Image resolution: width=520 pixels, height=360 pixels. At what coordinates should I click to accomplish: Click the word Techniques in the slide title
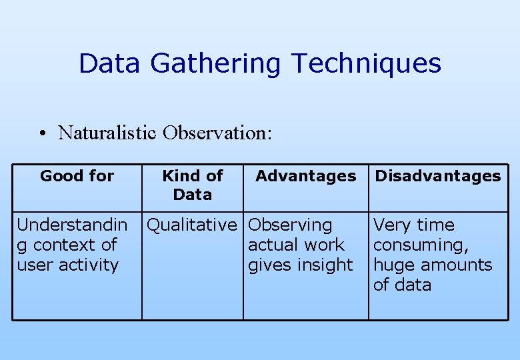pyautogui.click(x=366, y=64)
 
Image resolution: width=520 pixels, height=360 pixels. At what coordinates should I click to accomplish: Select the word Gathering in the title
pyautogui.click(x=216, y=64)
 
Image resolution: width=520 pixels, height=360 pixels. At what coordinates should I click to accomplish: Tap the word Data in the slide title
pyautogui.click(x=109, y=64)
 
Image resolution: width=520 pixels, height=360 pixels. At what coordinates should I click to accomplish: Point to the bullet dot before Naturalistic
pyautogui.click(x=42, y=133)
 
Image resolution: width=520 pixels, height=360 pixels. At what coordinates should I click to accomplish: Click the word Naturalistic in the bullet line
pyautogui.click(x=107, y=133)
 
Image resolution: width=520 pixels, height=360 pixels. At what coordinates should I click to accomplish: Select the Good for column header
pyautogui.click(x=77, y=176)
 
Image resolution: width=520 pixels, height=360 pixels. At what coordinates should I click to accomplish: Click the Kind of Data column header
pyautogui.click(x=192, y=185)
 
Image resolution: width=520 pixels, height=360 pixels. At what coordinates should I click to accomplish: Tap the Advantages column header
pyautogui.click(x=305, y=176)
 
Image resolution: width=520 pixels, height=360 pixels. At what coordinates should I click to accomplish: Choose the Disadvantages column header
pyautogui.click(x=437, y=176)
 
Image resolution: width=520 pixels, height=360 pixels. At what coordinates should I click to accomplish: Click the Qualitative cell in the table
pyautogui.click(x=191, y=225)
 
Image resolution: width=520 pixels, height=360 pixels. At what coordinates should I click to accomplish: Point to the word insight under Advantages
pyautogui.click(x=327, y=265)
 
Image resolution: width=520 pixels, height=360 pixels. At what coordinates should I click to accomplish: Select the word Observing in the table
pyautogui.click(x=290, y=225)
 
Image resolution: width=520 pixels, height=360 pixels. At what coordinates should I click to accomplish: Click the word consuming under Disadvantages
pyautogui.click(x=421, y=245)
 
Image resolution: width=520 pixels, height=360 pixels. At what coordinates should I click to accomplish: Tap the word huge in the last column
pyautogui.click(x=391, y=265)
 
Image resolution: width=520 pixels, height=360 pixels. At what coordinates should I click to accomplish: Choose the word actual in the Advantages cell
pyautogui.click(x=271, y=245)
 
